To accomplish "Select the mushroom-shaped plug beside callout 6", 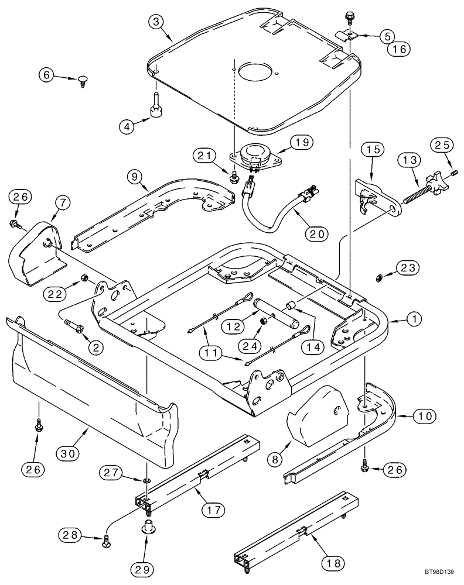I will pyautogui.click(x=82, y=80).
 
